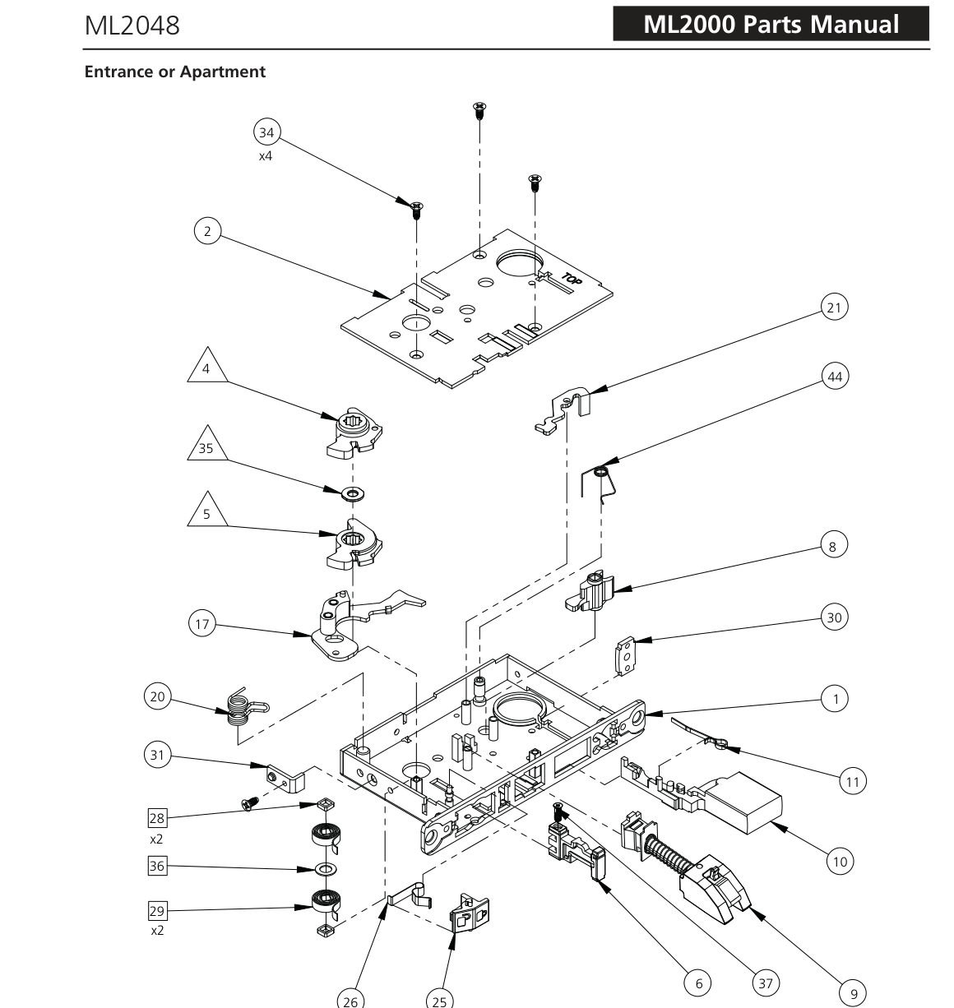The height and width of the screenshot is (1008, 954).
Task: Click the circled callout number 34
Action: tap(266, 132)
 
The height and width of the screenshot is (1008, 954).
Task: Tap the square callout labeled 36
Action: tap(157, 866)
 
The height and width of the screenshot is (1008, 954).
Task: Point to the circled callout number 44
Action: tap(835, 377)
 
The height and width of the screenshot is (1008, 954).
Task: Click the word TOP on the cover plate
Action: tap(572, 280)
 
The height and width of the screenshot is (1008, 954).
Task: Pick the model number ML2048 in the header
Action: tap(132, 25)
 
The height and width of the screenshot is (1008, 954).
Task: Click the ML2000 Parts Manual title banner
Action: tap(771, 24)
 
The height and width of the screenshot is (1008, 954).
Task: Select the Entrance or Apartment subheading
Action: tap(175, 72)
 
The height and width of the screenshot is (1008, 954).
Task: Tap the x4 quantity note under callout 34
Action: tap(265, 156)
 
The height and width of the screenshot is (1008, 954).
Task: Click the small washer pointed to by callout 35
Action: tap(353, 494)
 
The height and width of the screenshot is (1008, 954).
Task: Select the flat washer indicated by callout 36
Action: tap(325, 869)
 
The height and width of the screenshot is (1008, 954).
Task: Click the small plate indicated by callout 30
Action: tap(625, 656)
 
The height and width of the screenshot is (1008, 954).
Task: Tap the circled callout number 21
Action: tap(834, 307)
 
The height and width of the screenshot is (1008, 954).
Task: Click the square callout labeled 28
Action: tap(157, 818)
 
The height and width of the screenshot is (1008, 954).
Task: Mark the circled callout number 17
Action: tap(202, 624)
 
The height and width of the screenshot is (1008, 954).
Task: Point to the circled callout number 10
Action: tap(841, 862)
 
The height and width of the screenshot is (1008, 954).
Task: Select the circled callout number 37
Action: tap(765, 983)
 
